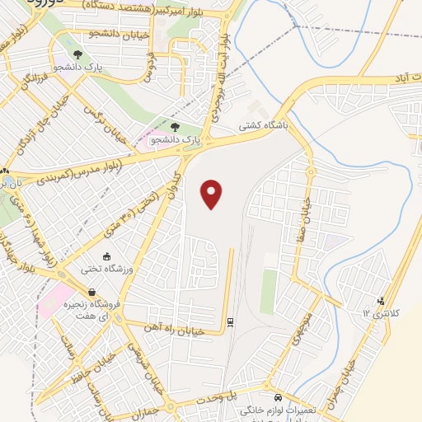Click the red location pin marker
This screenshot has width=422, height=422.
[213, 195]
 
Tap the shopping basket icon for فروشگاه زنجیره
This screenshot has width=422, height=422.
[92, 291]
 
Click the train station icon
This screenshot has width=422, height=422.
[230, 321]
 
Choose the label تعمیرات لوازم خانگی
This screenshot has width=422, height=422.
[279, 410]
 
